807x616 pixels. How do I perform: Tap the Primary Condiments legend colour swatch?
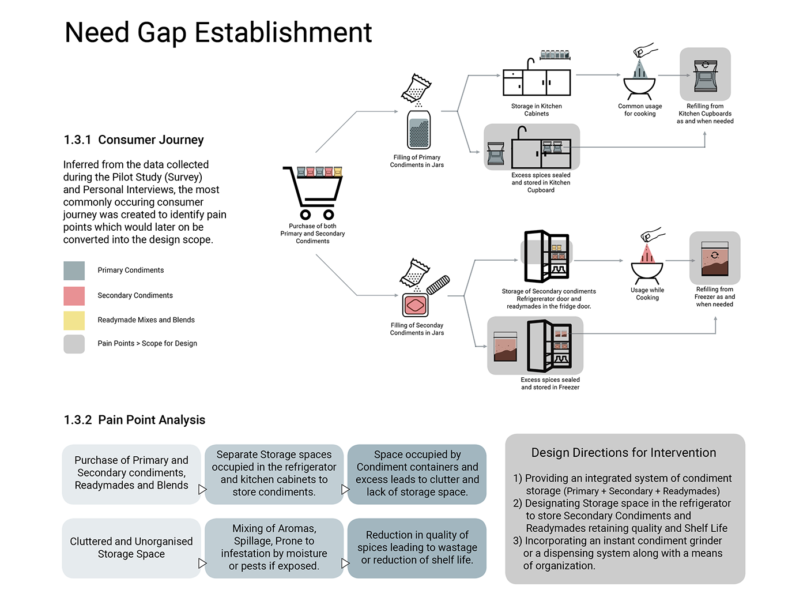pos(74,271)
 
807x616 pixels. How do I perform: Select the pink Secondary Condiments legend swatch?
pos(74,296)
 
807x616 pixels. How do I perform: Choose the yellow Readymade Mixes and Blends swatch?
pos(74,320)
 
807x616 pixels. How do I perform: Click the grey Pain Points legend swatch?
pos(74,344)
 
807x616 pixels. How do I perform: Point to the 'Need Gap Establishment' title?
pos(218,32)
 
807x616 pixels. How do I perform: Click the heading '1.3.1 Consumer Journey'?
pos(134,140)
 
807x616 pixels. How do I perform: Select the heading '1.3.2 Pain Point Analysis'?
pos(134,420)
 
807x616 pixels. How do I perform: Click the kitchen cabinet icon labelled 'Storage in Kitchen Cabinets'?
pos(536,81)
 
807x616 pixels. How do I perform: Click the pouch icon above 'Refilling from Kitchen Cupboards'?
pos(705,75)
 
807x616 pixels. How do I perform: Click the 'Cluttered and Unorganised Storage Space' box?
pos(131,548)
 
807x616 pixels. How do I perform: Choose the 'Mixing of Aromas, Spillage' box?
pos(274,547)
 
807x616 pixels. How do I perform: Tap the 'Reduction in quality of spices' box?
pos(417,547)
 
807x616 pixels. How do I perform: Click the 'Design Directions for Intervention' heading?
pos(624,453)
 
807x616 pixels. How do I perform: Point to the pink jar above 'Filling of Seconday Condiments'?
pos(415,305)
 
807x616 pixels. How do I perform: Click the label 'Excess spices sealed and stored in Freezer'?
pos(550,384)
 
